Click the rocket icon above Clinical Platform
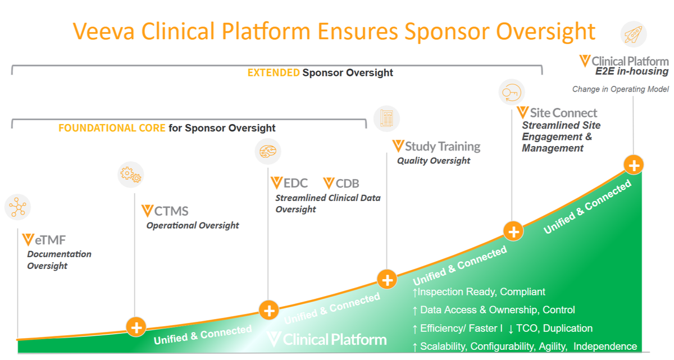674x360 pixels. pyautogui.click(x=634, y=35)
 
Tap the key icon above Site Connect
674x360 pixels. pyautogui.click(x=511, y=92)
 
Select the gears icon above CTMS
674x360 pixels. pyautogui.click(x=131, y=175)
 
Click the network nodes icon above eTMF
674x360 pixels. pyautogui.click(x=18, y=207)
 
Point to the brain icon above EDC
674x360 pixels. pyautogui.click(x=268, y=151)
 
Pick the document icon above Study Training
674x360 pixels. pyautogui.click(x=386, y=119)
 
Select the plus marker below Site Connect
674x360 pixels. pyautogui.click(x=513, y=231)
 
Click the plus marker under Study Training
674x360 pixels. pyautogui.click(x=386, y=279)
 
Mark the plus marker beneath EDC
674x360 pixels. pyautogui.click(x=268, y=309)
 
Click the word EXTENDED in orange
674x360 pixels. pyautogui.click(x=274, y=73)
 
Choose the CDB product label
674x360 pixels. pyautogui.click(x=341, y=183)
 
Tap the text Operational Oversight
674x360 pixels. pyautogui.click(x=193, y=225)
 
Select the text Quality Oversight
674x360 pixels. pyautogui.click(x=434, y=161)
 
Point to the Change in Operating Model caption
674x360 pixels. pyautogui.click(x=620, y=89)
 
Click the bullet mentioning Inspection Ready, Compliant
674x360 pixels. pyautogui.click(x=479, y=292)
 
